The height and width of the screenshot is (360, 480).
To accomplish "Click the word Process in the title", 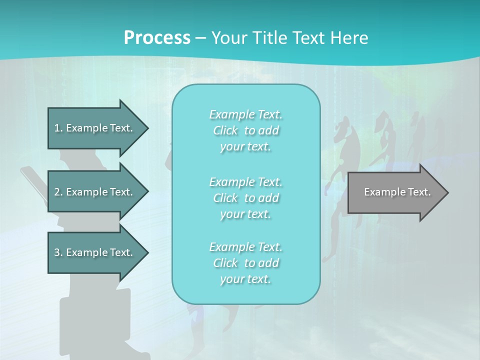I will pyautogui.click(x=157, y=38).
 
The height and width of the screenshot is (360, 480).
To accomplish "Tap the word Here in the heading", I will pyautogui.click(x=348, y=38).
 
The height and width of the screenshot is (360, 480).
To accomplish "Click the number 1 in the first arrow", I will pyautogui.click(x=57, y=128).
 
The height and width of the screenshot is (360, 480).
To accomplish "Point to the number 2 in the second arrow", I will pyautogui.click(x=57, y=192).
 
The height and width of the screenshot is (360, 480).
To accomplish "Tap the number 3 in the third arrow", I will pyautogui.click(x=57, y=252).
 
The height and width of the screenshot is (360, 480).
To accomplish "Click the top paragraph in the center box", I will pyautogui.click(x=246, y=130).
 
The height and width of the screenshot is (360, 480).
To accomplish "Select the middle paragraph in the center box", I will pyautogui.click(x=246, y=197).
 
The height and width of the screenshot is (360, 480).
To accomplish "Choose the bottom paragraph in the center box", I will pyautogui.click(x=246, y=263).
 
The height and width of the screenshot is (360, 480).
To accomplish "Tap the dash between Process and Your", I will pyautogui.click(x=200, y=38).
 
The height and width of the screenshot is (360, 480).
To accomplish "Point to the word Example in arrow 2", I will pyautogui.click(x=86, y=192).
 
